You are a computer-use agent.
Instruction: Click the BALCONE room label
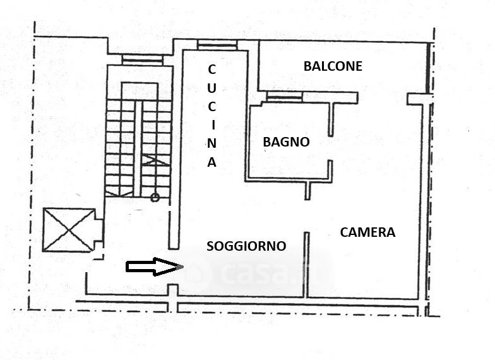(333, 66)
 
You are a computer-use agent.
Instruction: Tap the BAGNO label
(286, 142)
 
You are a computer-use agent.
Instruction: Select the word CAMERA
(367, 232)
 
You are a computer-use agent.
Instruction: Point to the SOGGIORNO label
(246, 246)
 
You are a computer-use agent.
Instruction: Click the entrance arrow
(153, 267)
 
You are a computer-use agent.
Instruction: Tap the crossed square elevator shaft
(68, 229)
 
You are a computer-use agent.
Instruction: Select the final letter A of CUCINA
(212, 162)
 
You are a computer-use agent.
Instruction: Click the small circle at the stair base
(155, 198)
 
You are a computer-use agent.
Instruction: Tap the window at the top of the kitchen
(217, 45)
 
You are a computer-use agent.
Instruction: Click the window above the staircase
(142, 59)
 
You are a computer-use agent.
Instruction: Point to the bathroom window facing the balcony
(284, 97)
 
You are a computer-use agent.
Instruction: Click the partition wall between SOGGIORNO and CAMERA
(307, 264)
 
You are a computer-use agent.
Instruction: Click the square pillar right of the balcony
(419, 99)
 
